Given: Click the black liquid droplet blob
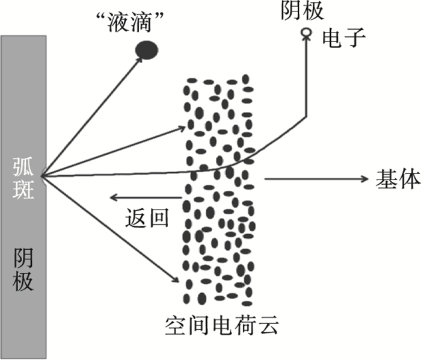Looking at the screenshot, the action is coord(147,50).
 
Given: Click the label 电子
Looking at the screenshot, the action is coord(344,38).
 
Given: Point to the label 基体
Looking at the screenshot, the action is coord(398,179).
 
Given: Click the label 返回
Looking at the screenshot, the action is coord(147,217).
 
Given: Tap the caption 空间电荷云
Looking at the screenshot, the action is coord(222,326).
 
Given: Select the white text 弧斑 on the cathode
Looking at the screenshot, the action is coord(23,178).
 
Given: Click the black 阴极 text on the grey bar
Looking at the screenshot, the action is coord(23,270).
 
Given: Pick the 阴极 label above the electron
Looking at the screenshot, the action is coord(303,11).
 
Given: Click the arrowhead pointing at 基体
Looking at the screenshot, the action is coord(365,179).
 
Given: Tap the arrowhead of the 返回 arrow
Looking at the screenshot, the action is coord(114,198).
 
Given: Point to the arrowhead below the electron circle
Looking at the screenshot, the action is coord(306,39).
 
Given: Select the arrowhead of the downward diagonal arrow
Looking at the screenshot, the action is coord(176,279).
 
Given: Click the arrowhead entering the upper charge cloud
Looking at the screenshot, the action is coord(182,128).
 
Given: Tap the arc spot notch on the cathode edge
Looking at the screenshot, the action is coord(43,176).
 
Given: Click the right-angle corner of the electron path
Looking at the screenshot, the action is coord(306,117).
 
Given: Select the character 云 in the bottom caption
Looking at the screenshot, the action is coord(268,326).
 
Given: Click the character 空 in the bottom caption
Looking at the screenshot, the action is coord(176,326).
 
